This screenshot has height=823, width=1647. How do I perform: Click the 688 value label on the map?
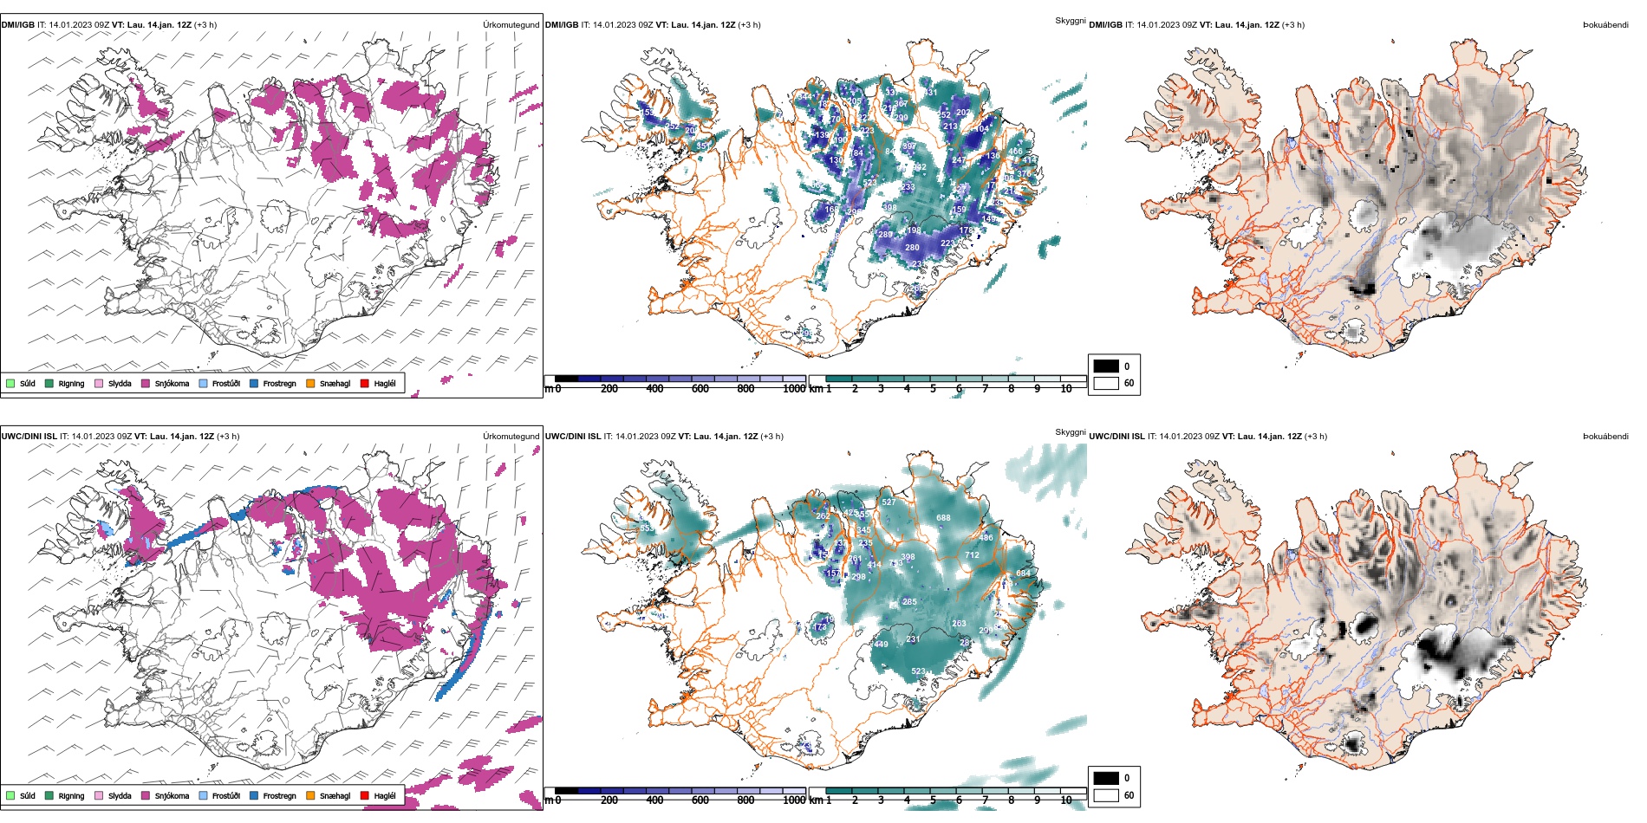point(943,518)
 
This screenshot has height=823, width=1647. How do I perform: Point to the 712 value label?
point(972,555)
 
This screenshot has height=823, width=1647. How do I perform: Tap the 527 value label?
point(889,502)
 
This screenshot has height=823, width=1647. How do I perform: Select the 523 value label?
point(918,671)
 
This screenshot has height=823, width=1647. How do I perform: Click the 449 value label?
point(881,645)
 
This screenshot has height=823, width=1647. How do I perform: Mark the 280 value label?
point(912,248)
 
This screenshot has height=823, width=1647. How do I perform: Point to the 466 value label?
point(1015,152)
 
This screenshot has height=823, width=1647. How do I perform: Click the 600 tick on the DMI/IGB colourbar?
point(700,389)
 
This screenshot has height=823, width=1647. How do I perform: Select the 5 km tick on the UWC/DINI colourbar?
point(933,800)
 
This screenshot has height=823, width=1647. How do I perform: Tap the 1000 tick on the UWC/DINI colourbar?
point(794,800)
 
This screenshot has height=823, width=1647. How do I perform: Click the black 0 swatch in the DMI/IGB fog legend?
point(1106,366)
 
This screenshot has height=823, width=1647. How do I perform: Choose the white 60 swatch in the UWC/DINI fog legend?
point(1106,795)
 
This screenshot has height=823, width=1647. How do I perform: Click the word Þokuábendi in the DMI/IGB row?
point(1605,25)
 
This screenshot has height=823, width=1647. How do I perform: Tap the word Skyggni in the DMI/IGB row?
point(1070,20)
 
